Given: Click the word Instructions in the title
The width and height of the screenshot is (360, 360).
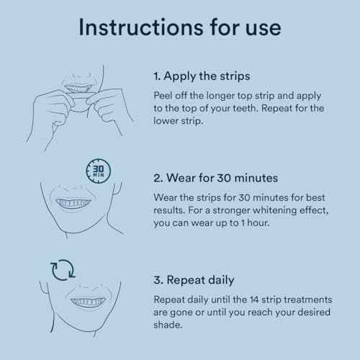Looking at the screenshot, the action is click(142, 27).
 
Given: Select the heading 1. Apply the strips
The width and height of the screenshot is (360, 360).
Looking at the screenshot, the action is click(202, 76).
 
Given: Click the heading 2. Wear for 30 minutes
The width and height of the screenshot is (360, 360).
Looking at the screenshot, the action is click(215, 178).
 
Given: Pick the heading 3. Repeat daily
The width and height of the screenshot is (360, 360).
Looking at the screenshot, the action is click(194, 280).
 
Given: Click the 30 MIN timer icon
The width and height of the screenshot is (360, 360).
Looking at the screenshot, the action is click(99, 171).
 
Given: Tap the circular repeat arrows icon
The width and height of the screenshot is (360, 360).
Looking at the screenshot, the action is click(63, 270).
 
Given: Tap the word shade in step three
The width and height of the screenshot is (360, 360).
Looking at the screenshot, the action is click(167, 325).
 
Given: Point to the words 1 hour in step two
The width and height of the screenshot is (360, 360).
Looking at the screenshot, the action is click(255, 223).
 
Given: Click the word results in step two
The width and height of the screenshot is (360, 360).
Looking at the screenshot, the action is click(169, 210).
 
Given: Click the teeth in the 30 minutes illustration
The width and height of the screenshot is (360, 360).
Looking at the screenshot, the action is click(73, 203).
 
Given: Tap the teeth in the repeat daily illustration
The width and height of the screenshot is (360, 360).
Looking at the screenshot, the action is click(88, 302).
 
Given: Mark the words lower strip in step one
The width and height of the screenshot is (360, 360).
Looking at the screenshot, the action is click(178, 121).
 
